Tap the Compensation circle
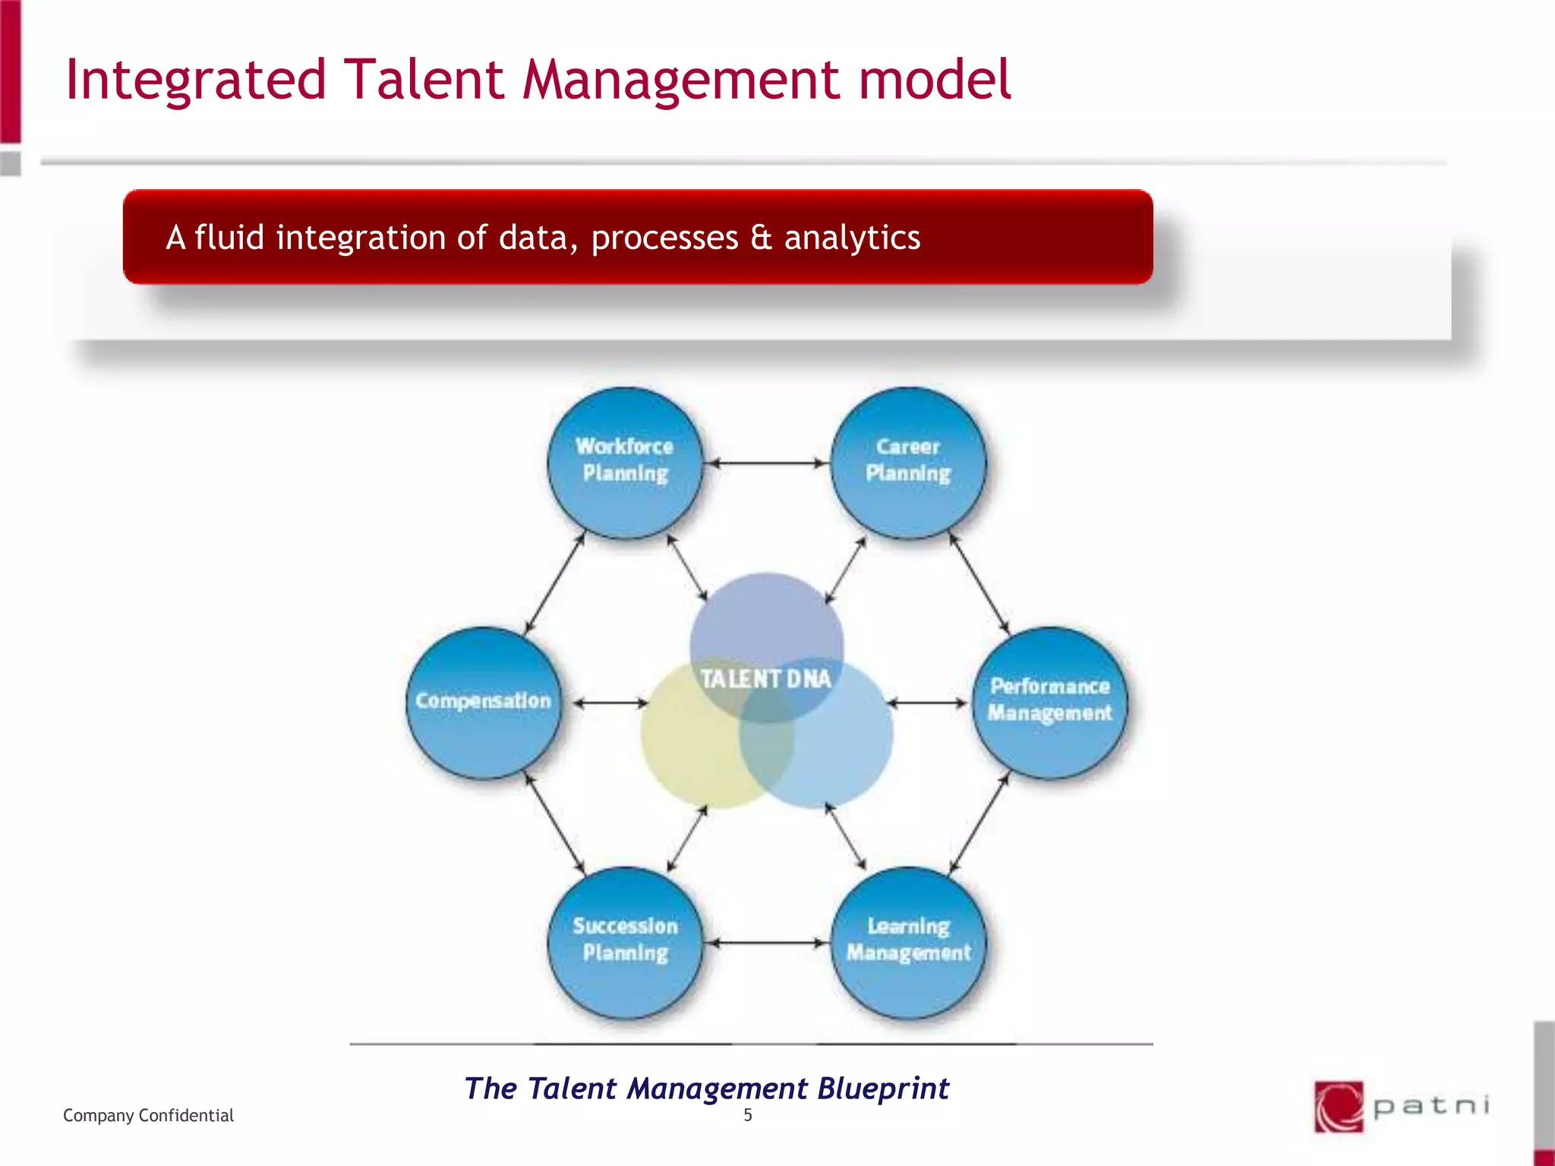pyautogui.click(x=483, y=701)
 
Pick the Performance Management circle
pyautogui.click(x=1049, y=701)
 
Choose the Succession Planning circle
pyautogui.click(x=624, y=941)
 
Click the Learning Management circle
pyautogui.click(x=908, y=941)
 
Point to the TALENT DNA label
pyautogui.click(x=765, y=679)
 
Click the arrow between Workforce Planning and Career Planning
pyautogui.click(x=766, y=462)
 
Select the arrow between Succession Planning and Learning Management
pyautogui.click(x=766, y=943)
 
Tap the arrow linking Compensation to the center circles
pyautogui.click(x=610, y=703)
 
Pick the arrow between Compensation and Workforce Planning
pyautogui.click(x=554, y=583)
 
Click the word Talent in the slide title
pyautogui.click(x=424, y=80)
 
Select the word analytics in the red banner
pyautogui.click(x=852, y=238)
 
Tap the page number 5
pyautogui.click(x=747, y=1115)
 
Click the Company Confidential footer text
pyautogui.click(x=148, y=1115)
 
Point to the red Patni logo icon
pyautogui.click(x=1339, y=1106)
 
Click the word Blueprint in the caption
pyautogui.click(x=883, y=1089)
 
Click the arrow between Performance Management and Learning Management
pyautogui.click(x=979, y=822)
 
